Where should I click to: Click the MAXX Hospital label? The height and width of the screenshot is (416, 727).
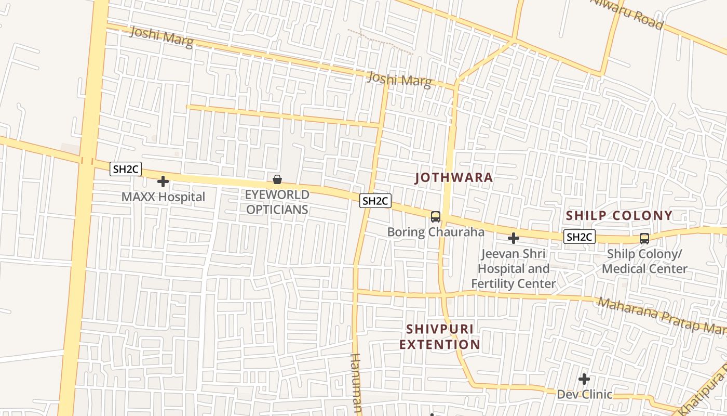pyautogui.click(x=163, y=197)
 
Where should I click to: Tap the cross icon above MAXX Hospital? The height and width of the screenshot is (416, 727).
pyautogui.click(x=163, y=181)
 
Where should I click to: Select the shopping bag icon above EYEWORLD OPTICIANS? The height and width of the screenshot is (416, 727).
pyautogui.click(x=277, y=180)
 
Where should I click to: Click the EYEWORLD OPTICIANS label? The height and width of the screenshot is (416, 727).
pyautogui.click(x=277, y=202)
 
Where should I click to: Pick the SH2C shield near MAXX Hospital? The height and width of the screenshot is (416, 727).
pyautogui.click(x=126, y=169)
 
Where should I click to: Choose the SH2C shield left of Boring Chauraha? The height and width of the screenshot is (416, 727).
pyautogui.click(x=375, y=201)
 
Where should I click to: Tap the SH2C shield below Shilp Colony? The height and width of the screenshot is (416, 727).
pyautogui.click(x=579, y=237)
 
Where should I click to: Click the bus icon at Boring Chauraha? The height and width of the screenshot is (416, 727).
pyautogui.click(x=436, y=217)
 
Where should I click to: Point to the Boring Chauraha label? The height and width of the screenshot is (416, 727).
pyautogui.click(x=436, y=232)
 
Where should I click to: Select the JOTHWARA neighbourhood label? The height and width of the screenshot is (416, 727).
pyautogui.click(x=454, y=178)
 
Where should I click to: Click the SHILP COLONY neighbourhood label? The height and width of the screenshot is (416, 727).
pyautogui.click(x=619, y=216)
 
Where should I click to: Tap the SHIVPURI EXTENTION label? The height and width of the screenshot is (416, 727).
pyautogui.click(x=440, y=337)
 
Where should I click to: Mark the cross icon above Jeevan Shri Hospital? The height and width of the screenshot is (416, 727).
pyautogui.click(x=514, y=238)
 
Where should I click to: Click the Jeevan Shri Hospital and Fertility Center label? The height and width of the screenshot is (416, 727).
pyautogui.click(x=514, y=269)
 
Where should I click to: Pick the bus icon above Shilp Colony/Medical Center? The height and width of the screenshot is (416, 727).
pyautogui.click(x=644, y=239)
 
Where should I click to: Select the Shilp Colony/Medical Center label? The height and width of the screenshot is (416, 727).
pyautogui.click(x=644, y=262)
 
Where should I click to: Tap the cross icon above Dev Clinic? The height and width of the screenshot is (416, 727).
pyautogui.click(x=584, y=379)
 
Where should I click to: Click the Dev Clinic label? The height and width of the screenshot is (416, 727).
pyautogui.click(x=584, y=395)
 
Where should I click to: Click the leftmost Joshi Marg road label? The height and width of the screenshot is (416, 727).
pyautogui.click(x=161, y=37)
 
